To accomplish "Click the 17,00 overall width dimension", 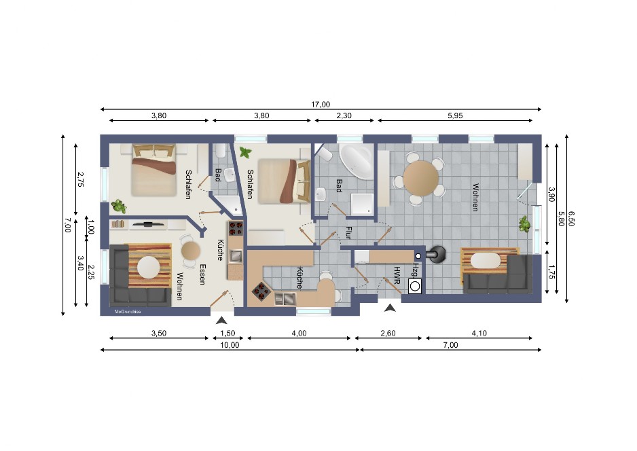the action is pyautogui.click(x=321, y=105).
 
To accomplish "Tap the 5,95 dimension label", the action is pyautogui.click(x=455, y=115).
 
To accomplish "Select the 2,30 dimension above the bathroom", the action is pyautogui.click(x=344, y=115).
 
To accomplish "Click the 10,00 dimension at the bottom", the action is pyautogui.click(x=230, y=345).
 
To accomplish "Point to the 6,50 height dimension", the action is pyautogui.click(x=572, y=218).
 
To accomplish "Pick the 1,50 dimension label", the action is pyautogui.click(x=227, y=333).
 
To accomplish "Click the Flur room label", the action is pyautogui.click(x=348, y=233).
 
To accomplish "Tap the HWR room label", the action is pyautogui.click(x=397, y=275).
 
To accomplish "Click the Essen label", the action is pyautogui.click(x=202, y=274).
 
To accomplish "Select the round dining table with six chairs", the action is pyautogui.click(x=421, y=179).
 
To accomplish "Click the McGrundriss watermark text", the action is pyautogui.click(x=128, y=312).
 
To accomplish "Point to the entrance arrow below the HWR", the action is pyautogui.click(x=390, y=308).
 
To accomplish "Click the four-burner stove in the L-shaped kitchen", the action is pyautogui.click(x=261, y=291).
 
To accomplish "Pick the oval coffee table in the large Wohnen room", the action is pyautogui.click(x=485, y=261).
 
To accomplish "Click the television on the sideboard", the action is pyautogui.click(x=148, y=224).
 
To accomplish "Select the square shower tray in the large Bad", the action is pyautogui.click(x=362, y=204).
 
